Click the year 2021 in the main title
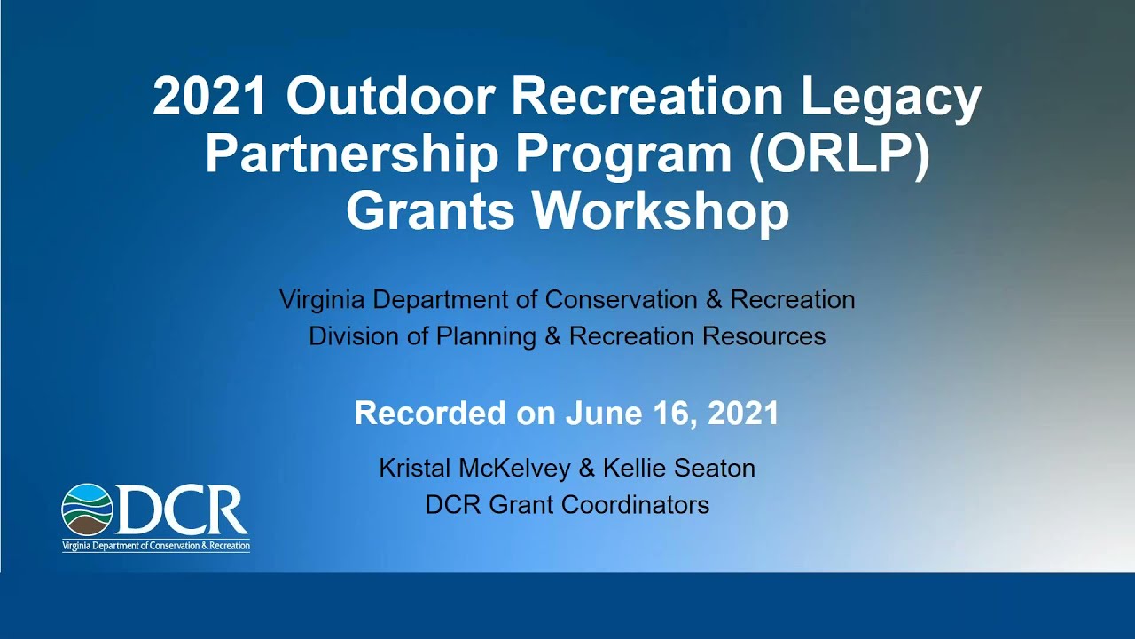(210, 97)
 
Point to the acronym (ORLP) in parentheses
(838, 155)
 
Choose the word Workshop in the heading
(661, 211)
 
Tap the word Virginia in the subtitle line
(322, 300)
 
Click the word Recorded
(429, 414)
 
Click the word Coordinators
(636, 505)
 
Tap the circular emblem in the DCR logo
(87, 509)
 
